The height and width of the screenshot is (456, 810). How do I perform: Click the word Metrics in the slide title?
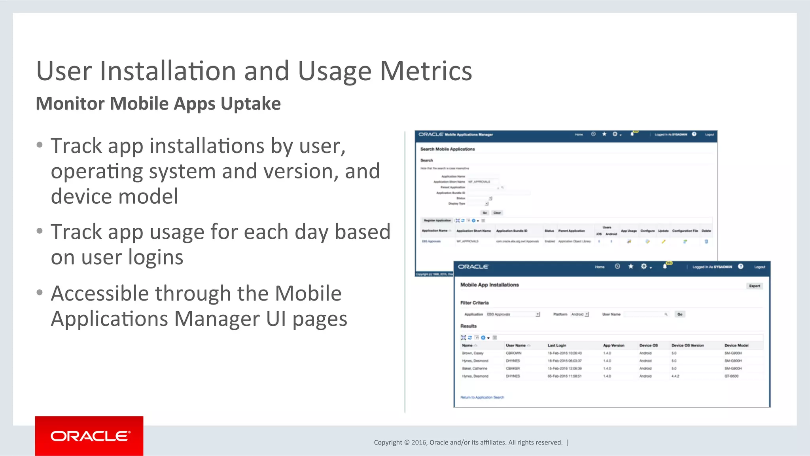[426, 71]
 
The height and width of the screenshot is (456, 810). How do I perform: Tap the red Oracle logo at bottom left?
[89, 436]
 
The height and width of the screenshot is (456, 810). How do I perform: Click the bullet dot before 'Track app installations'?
[39, 145]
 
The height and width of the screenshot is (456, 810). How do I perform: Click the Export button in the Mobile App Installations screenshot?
[754, 286]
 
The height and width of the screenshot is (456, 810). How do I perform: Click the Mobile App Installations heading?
[489, 285]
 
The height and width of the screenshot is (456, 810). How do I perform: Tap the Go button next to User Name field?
[680, 314]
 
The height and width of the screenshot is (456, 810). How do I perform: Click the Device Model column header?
[736, 345]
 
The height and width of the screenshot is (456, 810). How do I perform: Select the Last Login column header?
[556, 345]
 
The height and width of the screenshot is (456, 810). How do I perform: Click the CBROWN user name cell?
[513, 353]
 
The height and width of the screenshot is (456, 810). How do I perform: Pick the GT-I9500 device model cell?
[731, 376]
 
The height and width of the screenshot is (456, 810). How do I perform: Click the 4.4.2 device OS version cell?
[675, 376]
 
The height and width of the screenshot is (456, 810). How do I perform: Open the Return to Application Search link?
[482, 397]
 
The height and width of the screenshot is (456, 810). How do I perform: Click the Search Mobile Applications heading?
[447, 149]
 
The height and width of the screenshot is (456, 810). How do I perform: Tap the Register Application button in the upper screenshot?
[437, 220]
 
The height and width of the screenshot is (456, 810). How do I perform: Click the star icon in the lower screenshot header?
[631, 267]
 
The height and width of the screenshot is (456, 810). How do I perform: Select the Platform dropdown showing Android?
[580, 314]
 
